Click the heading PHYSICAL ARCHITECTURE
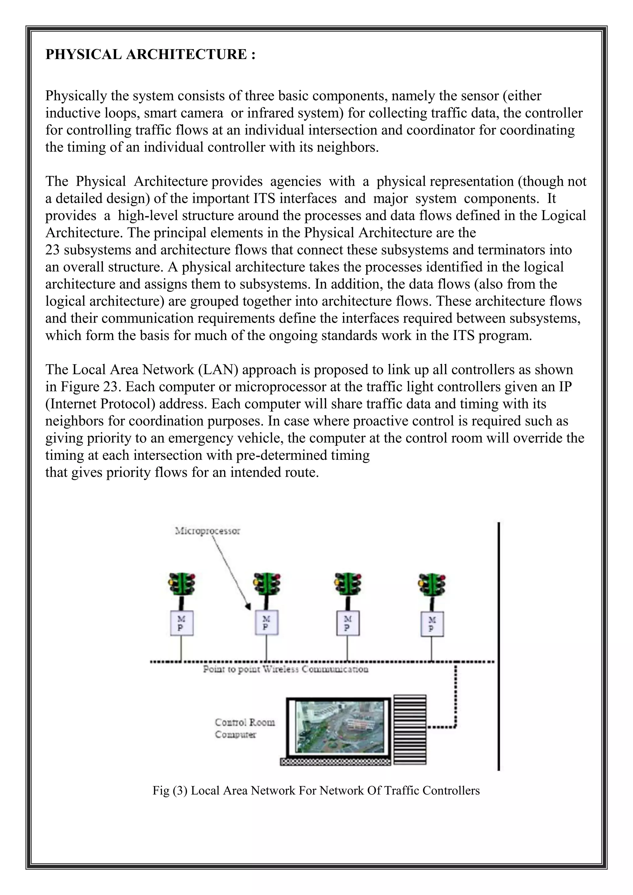(150, 54)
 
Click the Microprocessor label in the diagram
(207, 531)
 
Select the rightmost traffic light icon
(432, 584)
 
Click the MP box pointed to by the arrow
(266, 623)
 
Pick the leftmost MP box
(182, 623)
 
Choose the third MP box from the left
(348, 623)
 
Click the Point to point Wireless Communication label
(285, 669)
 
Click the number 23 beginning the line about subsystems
(52, 250)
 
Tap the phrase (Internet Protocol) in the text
(100, 404)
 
